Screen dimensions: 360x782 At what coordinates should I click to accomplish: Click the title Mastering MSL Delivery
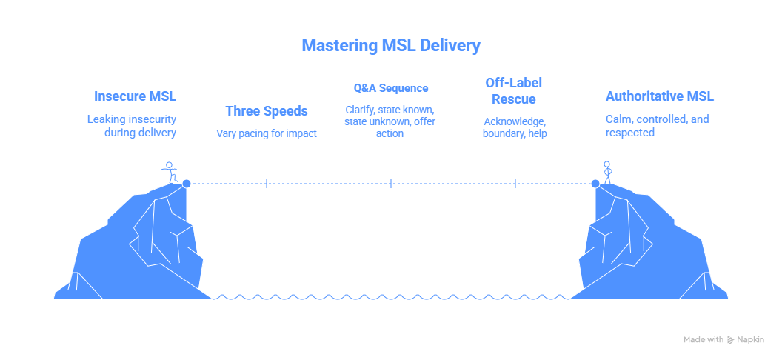391,46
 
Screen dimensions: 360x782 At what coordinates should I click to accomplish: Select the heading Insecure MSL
135,96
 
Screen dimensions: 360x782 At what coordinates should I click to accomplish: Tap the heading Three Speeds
267,111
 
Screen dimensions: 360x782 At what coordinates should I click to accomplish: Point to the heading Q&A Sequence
390,88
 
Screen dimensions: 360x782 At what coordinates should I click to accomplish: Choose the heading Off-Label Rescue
515,90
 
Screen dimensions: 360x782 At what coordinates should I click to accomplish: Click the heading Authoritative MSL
659,96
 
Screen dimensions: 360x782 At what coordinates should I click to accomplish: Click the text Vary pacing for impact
267,134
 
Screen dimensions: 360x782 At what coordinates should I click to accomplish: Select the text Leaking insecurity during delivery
132,126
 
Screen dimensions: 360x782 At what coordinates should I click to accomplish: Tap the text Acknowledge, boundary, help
515,127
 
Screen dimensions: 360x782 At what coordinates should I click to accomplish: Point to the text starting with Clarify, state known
390,121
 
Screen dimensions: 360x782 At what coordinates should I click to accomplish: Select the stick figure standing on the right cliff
608,172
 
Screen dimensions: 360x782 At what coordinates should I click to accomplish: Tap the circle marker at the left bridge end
187,183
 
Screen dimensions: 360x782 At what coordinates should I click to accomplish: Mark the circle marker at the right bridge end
595,183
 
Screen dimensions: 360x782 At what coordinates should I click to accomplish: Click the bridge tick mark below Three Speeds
267,183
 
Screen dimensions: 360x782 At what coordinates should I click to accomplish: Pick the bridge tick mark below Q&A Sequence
391,183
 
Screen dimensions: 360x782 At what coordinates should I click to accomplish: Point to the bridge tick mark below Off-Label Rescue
515,183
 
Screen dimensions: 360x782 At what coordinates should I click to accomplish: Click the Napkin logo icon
732,339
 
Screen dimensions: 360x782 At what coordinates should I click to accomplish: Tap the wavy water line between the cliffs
391,297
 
